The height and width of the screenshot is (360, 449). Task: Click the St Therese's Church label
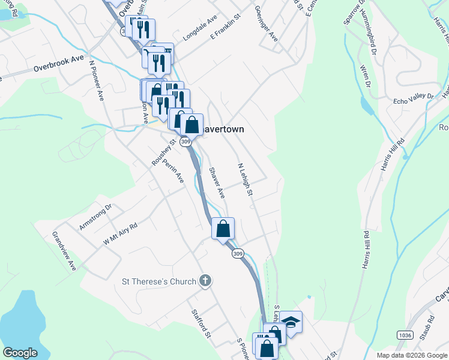[159, 281]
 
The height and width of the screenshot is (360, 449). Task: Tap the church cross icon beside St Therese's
[205, 281]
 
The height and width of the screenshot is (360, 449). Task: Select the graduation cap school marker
[291, 323]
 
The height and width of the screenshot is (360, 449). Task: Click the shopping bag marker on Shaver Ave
[223, 229]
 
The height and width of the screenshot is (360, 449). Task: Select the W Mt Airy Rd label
[121, 233]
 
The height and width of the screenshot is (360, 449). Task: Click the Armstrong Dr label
[95, 218]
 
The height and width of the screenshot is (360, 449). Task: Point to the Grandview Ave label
[65, 251]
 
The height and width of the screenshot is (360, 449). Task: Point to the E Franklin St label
[225, 28]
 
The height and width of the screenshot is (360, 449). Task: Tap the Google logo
[20, 353]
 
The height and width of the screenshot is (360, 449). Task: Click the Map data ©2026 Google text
[412, 355]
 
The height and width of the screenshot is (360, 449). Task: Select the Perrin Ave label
[173, 169]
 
